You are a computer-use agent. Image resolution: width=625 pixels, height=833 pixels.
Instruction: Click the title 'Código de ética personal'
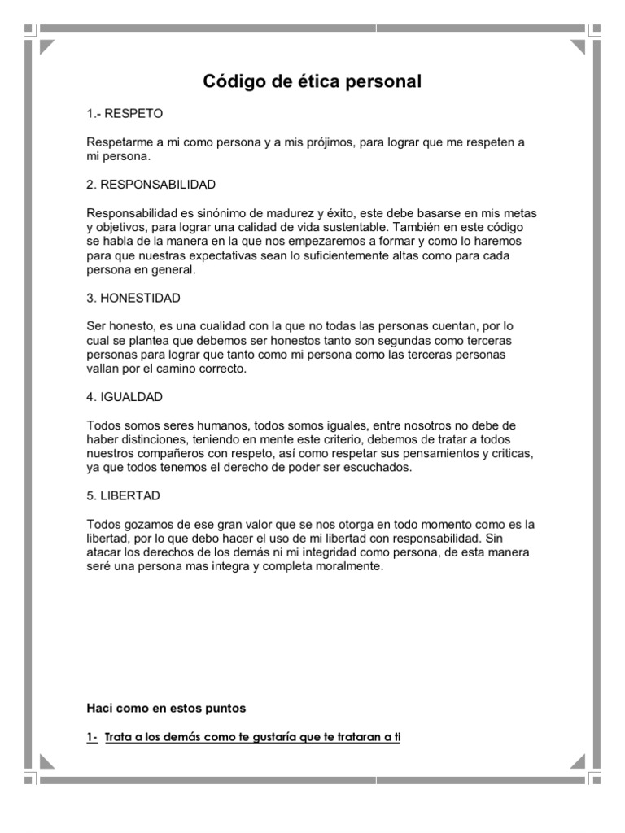click(312, 81)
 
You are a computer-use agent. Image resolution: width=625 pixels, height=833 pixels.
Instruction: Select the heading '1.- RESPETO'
click(125, 113)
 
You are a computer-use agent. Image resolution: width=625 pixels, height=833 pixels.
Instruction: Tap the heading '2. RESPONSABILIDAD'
click(151, 184)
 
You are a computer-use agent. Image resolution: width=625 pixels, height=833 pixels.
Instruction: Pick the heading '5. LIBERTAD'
click(123, 495)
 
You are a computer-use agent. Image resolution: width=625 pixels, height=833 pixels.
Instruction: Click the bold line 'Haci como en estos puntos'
click(166, 709)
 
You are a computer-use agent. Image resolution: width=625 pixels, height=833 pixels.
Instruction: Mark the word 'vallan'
click(103, 369)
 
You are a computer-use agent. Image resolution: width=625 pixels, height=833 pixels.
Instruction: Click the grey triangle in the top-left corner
click(47, 46)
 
